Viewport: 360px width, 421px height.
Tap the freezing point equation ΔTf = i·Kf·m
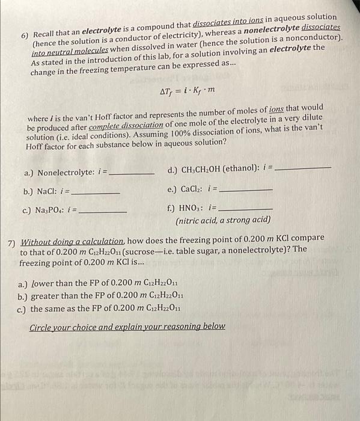[187, 91]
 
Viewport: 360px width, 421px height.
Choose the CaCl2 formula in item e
[195, 190]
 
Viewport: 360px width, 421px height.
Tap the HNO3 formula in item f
[193, 208]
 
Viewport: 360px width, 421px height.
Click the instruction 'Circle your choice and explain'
[127, 326]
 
